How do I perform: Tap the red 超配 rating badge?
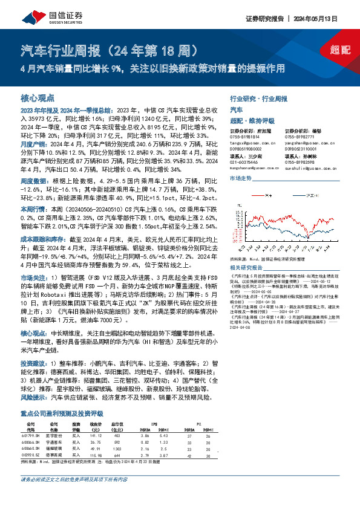pos(339,51)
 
